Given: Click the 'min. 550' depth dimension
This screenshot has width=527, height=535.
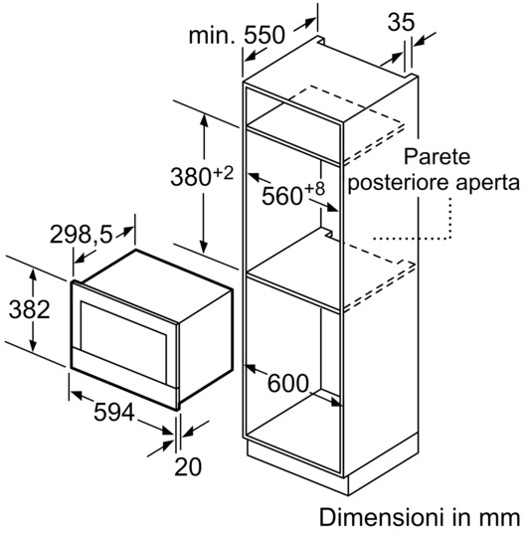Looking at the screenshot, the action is coord(237,35).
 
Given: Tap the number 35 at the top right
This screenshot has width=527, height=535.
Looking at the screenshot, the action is coord(401,22).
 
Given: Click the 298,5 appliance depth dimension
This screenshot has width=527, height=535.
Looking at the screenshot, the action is coord(82,235).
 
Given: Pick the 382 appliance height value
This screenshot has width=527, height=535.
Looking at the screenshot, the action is coord(30,309).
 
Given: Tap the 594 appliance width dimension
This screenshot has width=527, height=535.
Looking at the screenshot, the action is coord(114,412).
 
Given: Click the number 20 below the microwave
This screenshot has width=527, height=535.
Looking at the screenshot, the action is coord(188,466).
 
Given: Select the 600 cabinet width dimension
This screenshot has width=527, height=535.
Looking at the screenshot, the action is coord(288,383).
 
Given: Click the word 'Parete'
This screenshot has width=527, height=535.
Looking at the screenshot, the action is coord(437,156).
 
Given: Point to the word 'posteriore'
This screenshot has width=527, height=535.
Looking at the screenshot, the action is coord(398,183).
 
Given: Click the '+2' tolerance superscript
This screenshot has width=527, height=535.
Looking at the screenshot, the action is coord(223,174).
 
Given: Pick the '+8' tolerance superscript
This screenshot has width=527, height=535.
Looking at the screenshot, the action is coord(314,189).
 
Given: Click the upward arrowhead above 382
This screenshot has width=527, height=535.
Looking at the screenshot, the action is coord(33,274).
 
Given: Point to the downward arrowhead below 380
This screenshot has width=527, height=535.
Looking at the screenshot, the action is coord(204,247).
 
